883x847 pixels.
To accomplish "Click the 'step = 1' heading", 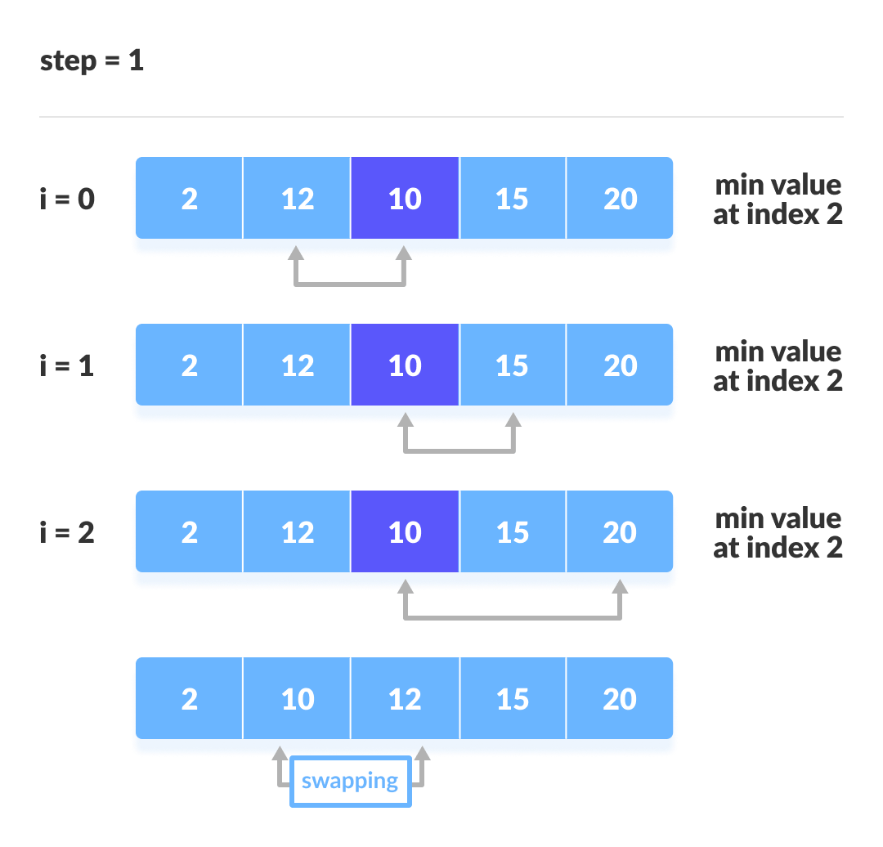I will click(92, 61).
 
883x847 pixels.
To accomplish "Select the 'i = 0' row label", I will click(67, 199).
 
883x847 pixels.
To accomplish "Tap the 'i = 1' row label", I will click(67, 365).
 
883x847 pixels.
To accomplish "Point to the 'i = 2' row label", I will click(67, 532).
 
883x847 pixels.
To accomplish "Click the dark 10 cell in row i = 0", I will click(405, 199).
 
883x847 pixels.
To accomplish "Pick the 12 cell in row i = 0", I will click(297, 199).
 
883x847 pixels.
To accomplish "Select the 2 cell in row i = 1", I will click(189, 365).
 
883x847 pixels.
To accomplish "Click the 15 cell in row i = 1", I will click(513, 365).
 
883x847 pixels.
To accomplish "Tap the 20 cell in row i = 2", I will click(620, 532).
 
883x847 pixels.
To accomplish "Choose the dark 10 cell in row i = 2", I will click(405, 532).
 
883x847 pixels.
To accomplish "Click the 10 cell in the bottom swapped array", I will click(297, 699).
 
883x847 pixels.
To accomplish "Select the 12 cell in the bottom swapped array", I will click(405, 699).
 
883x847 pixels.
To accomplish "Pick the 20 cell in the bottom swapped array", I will click(620, 699).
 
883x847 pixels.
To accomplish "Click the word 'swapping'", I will click(350, 782).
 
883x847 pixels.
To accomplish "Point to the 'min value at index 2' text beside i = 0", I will click(778, 199).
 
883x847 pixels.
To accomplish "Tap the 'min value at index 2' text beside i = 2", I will click(778, 533).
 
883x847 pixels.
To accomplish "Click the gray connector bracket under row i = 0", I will click(350, 284).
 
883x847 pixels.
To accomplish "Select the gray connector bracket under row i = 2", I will click(513, 617).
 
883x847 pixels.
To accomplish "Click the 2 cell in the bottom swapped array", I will click(189, 699).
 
